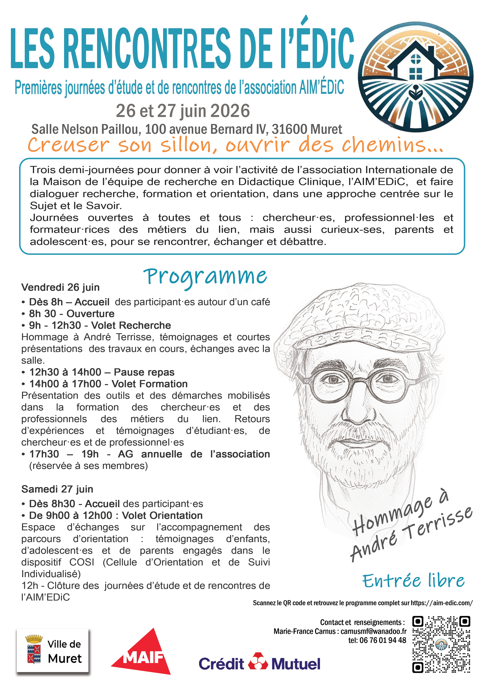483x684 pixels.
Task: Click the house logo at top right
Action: [x=415, y=77]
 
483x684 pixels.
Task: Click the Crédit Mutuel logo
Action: [x=259, y=664]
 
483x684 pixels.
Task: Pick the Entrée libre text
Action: [x=413, y=581]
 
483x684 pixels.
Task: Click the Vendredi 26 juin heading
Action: [x=60, y=287]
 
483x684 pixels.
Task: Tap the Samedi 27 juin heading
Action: [x=57, y=489]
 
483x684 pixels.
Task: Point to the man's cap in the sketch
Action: [x=357, y=322]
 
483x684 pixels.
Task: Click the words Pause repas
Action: [x=144, y=372]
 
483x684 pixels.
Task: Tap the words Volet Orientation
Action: [x=162, y=515]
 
